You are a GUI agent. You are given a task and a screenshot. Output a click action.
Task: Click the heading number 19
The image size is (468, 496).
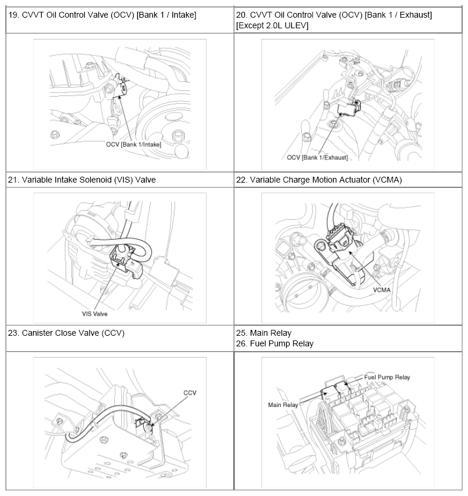coord(13,15)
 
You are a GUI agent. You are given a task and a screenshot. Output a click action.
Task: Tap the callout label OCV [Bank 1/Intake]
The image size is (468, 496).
coord(134,144)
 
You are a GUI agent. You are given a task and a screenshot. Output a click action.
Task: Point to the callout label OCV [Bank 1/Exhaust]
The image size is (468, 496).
coord(317,157)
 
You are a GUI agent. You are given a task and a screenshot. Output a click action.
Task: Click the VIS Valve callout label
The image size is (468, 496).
coord(95,314)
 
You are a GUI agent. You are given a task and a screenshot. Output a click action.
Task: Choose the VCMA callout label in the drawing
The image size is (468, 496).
coord(381,290)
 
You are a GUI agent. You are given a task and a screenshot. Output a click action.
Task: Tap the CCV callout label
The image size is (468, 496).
coord(190,392)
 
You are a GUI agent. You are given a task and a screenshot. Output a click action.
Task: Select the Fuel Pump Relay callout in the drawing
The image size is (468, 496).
coord(387,377)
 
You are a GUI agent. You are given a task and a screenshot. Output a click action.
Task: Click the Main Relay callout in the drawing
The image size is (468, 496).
coord(283,405)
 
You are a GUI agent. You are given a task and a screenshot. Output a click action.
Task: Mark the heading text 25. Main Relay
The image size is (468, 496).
coord(264,333)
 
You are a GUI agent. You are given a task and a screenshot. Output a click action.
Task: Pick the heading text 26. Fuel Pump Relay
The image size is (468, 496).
coord(275,343)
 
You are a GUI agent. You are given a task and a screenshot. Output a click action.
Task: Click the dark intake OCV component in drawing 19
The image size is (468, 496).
coord(121,86)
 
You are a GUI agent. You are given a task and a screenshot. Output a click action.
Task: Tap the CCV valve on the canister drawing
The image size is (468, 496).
coord(147,426)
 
